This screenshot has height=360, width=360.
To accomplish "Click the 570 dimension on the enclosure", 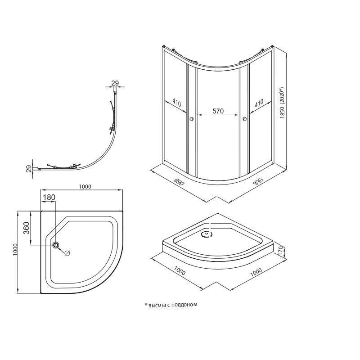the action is pos(218,111).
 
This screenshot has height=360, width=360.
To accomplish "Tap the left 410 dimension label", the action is pos(176,103).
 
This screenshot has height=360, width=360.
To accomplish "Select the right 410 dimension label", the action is pos(259,103).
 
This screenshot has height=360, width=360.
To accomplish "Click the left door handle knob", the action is pos(192,119).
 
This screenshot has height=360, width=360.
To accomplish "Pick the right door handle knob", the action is pos(244,119).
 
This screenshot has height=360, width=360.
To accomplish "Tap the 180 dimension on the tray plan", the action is pos(49,197).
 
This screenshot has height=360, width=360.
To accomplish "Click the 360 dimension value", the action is pos(27,228).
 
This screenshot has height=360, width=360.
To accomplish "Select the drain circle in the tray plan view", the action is pos(56,245).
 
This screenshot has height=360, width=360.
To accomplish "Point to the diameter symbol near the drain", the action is pos(67,253).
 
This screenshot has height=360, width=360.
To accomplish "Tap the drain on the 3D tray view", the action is pos(207,234).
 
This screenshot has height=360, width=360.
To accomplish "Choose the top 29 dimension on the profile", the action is pos(115,83).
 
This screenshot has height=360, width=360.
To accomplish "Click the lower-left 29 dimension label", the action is pos(29,169).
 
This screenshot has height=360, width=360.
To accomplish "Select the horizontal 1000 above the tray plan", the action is pos(85,187).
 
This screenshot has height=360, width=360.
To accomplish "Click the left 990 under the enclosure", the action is pos(179,182).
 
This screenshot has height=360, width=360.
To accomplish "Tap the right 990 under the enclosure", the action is pos(257,181).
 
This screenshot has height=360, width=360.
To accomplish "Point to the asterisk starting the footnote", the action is pos(145,305).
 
